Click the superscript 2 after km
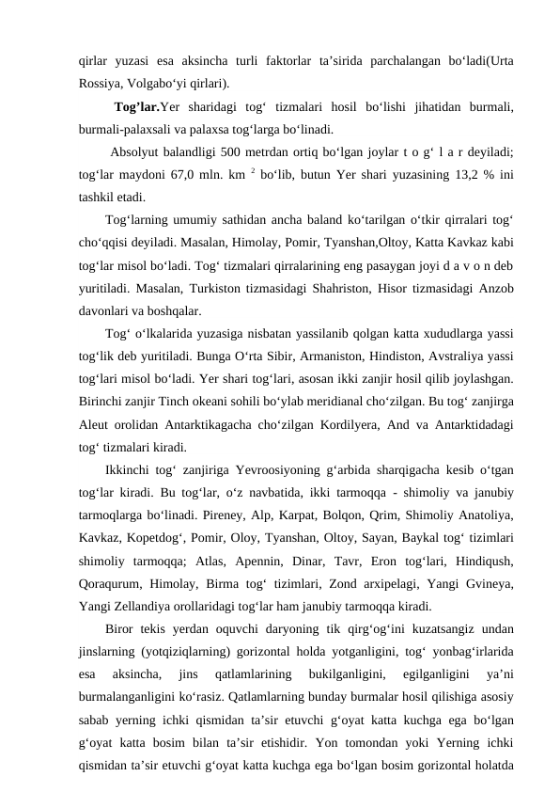pyautogui.click(x=240, y=172)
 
